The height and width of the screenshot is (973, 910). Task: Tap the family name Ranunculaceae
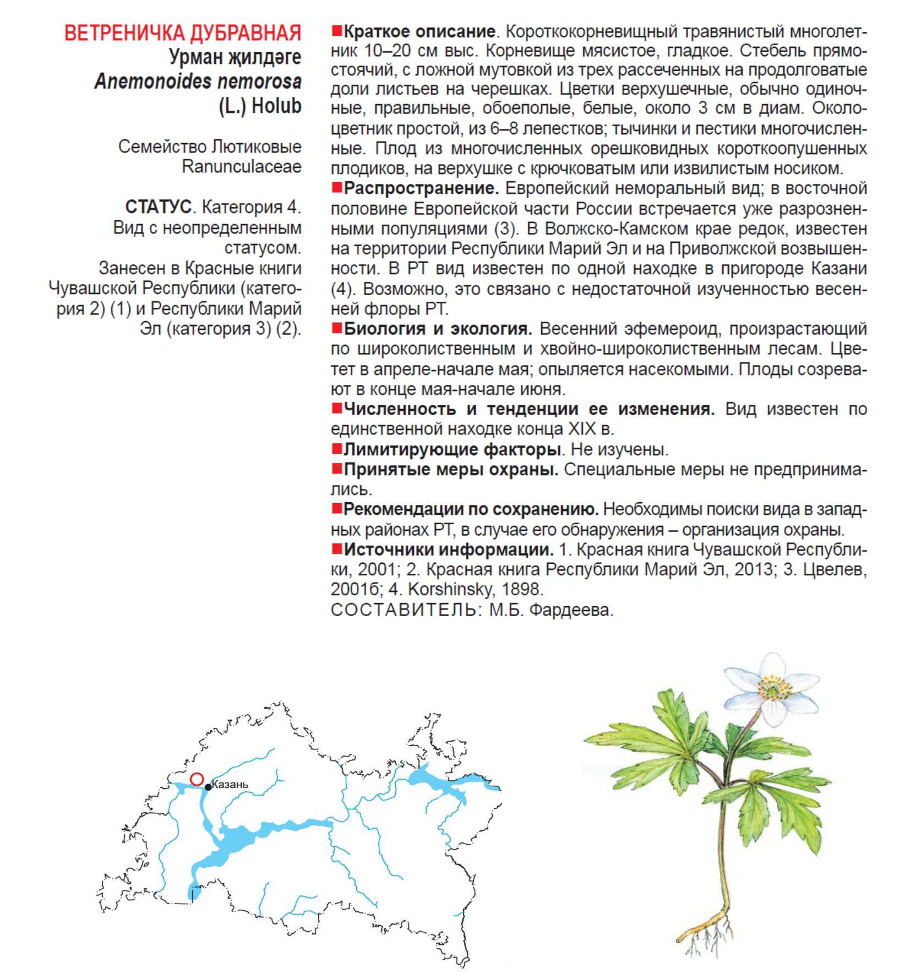[x=242, y=166]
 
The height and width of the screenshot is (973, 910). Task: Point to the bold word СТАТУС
[x=158, y=207]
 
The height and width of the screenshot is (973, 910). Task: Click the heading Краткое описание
[x=419, y=31]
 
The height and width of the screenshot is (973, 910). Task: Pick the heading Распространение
[x=421, y=188]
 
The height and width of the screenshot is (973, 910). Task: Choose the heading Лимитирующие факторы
[x=452, y=449]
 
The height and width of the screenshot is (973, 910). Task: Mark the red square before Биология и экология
[x=336, y=329]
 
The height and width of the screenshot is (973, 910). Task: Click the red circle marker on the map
[x=197, y=779]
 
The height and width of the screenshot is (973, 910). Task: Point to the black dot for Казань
[x=208, y=787]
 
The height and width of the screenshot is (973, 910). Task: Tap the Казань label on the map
[x=230, y=784]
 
